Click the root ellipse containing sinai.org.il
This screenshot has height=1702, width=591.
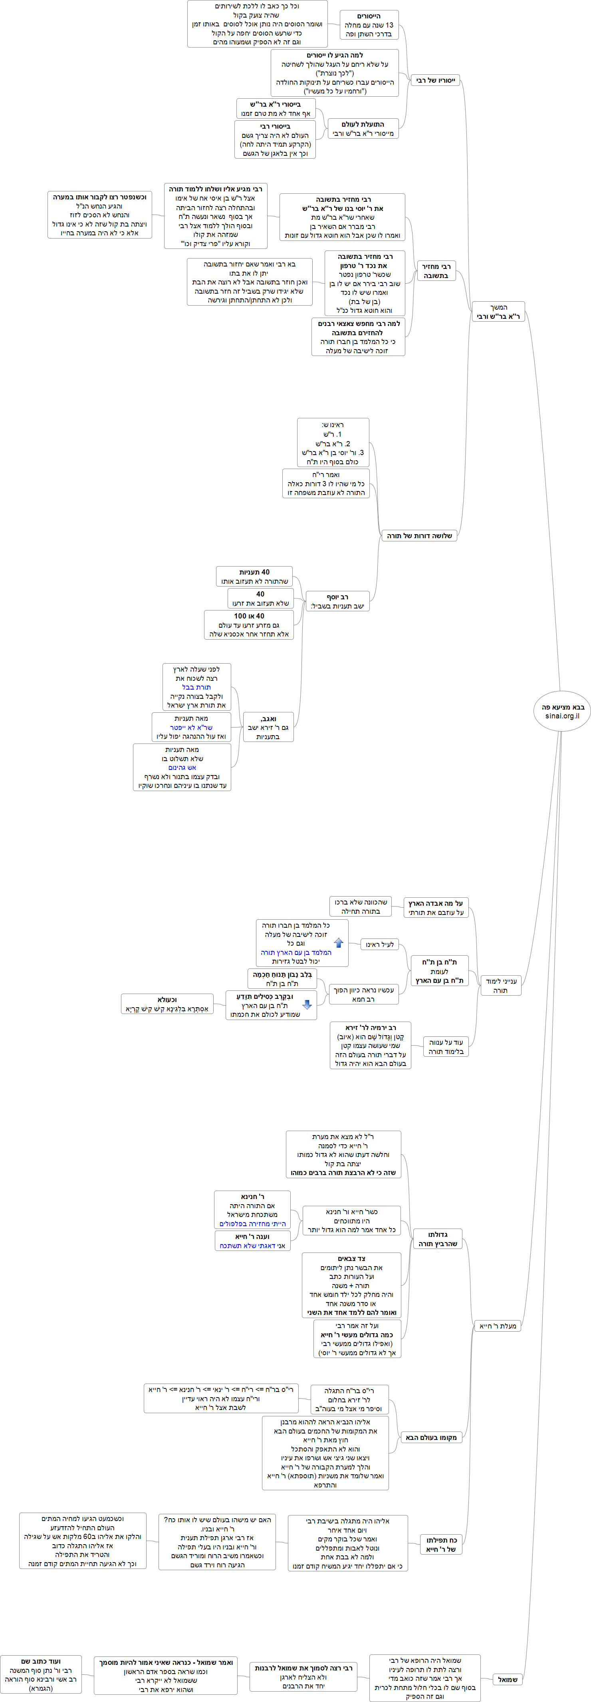(x=562, y=711)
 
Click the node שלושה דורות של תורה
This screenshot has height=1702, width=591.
(x=418, y=536)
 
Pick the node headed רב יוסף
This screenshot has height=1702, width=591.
(x=337, y=601)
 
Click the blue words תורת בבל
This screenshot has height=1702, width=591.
(x=196, y=687)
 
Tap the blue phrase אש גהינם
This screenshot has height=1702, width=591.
(x=182, y=768)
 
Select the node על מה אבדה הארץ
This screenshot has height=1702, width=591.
(x=435, y=908)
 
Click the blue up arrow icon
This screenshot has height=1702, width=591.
(x=339, y=943)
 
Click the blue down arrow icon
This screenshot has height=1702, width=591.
(x=306, y=1005)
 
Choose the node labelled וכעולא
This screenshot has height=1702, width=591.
(x=167, y=1004)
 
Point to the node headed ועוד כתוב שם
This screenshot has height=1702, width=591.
(x=41, y=1674)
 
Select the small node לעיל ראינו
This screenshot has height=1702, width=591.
(x=379, y=945)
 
